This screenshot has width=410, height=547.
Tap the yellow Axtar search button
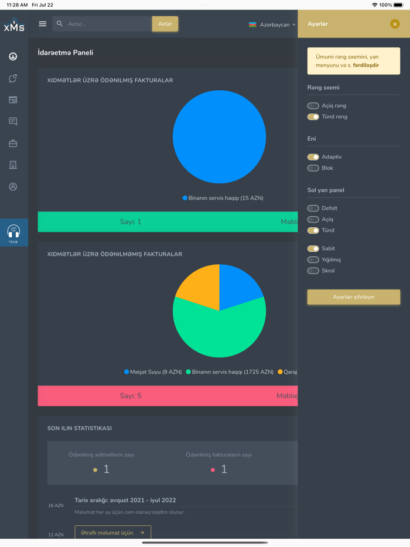(165, 24)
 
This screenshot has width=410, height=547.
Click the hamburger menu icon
(42, 24)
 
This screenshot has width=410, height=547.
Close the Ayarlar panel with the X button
(395, 24)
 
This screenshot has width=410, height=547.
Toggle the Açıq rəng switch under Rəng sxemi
(313, 106)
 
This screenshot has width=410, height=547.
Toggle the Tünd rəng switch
(313, 117)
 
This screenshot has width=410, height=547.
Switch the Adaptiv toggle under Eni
(313, 157)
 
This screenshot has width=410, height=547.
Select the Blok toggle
(313, 168)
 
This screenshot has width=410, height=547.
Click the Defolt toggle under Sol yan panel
(313, 208)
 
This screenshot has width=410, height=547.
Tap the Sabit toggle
(313, 249)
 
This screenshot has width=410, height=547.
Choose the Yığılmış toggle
(313, 260)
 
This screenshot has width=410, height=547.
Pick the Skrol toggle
(313, 271)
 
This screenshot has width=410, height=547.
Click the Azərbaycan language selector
(272, 25)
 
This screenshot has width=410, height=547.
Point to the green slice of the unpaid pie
(220, 334)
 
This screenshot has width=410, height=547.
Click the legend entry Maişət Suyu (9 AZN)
(153, 372)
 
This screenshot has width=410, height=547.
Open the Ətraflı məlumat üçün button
(112, 533)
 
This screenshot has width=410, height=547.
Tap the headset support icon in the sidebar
(13, 232)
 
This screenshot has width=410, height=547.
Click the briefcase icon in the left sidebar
(13, 143)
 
